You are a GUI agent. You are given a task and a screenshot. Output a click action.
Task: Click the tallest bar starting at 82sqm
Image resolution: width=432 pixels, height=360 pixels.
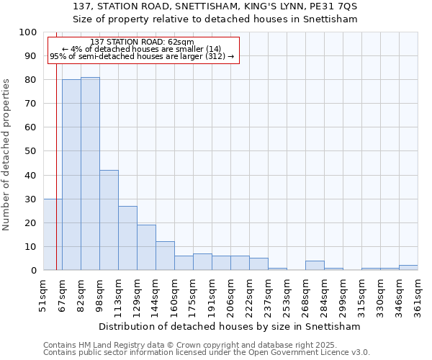[90, 174]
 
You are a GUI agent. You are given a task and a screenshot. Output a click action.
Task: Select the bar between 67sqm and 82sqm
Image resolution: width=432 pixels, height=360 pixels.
[71, 175]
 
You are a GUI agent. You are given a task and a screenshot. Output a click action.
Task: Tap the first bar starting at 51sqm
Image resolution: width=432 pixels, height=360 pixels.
[53, 235]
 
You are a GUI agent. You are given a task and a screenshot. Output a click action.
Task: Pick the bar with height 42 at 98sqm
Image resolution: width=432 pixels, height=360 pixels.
[109, 220]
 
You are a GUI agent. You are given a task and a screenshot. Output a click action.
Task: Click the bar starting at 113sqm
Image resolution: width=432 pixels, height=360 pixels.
[127, 238]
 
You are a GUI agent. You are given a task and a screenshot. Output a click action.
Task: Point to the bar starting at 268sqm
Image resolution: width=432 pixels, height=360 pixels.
[315, 266]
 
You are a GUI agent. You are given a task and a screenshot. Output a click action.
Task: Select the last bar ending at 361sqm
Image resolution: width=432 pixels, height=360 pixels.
[408, 268]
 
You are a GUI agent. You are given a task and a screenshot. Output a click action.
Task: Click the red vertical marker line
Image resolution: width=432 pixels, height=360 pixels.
[56, 144]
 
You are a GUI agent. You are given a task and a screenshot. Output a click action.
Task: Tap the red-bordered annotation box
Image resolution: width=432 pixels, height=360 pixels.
[143, 50]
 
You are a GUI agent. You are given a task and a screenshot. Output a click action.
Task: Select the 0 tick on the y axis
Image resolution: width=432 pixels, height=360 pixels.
[35, 271]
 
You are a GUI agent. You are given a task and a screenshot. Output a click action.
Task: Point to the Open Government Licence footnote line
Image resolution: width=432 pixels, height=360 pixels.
[207, 353]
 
